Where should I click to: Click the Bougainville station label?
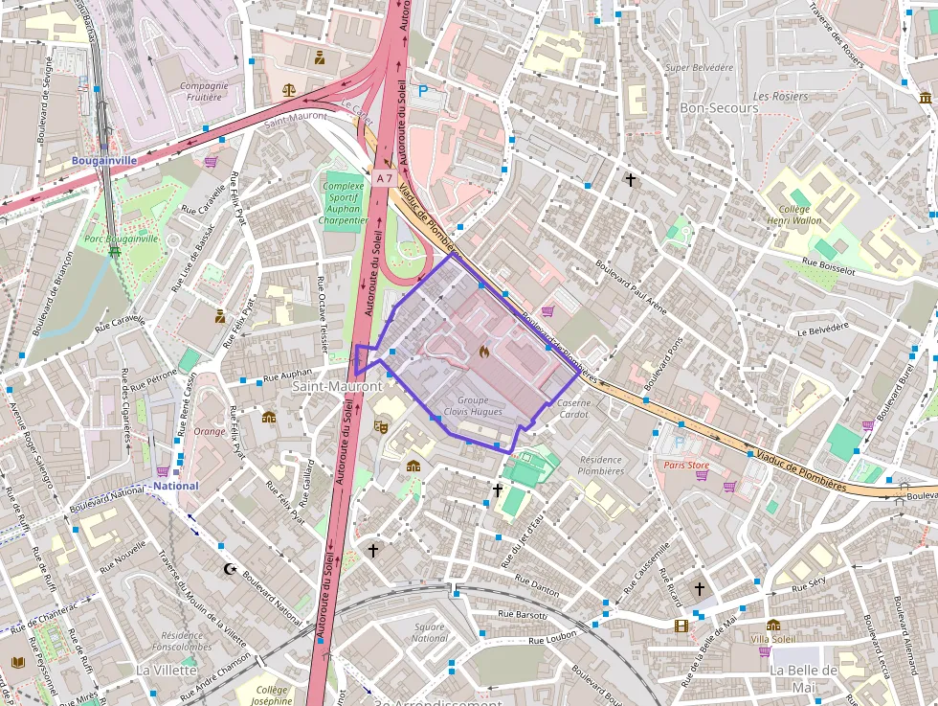[x=103, y=160]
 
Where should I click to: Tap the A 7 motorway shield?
[x=384, y=178]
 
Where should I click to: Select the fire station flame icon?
[x=484, y=352]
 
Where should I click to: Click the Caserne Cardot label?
[x=573, y=409]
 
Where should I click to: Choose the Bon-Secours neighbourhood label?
[x=719, y=107]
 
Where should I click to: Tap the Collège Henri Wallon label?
[x=793, y=214]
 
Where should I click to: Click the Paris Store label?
[x=687, y=466]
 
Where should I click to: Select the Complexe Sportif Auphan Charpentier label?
[x=344, y=203]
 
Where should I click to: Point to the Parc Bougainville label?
[x=122, y=239]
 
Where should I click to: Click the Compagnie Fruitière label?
[x=204, y=91]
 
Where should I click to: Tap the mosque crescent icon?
[x=230, y=569]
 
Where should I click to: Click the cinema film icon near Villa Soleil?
[x=681, y=626]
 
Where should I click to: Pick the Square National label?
[x=429, y=632]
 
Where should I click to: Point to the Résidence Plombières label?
[x=601, y=465]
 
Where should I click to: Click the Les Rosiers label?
[x=780, y=97]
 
